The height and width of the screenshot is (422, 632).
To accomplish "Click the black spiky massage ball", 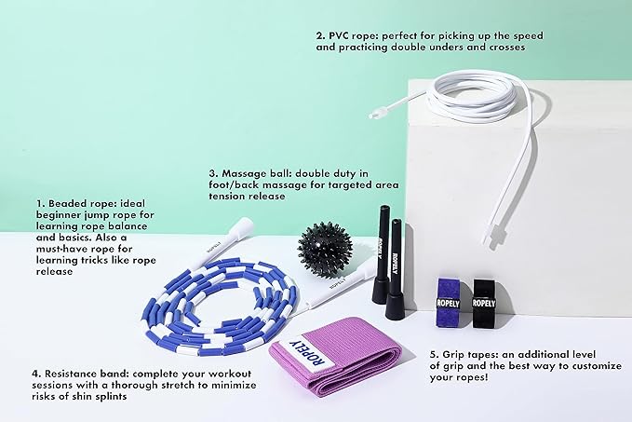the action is tap(325, 250).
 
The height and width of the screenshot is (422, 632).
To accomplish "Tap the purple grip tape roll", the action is tap(449, 302).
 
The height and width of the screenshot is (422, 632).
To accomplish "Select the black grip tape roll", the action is tap(484, 303).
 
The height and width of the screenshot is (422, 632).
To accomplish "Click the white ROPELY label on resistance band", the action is tap(308, 354).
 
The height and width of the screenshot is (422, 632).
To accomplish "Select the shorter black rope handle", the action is tap(395, 268).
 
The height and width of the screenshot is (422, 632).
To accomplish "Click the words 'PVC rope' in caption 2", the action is tap(353, 36).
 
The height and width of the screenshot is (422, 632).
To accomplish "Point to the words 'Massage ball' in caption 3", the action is tap(256, 174).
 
